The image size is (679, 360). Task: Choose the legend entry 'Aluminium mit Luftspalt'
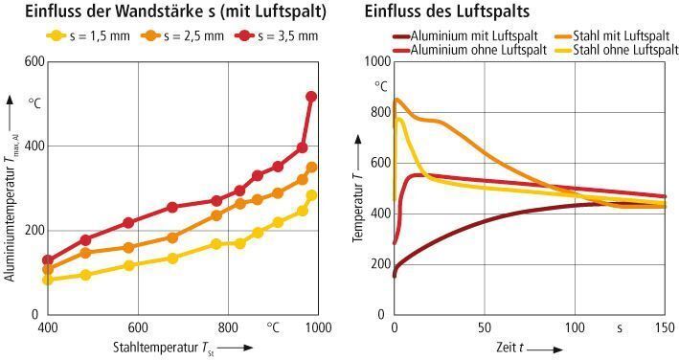coord(461,35)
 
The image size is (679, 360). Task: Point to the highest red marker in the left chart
coord(310,97)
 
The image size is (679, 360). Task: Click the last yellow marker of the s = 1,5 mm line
coord(311,195)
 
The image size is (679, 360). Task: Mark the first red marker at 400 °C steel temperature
coord(48,260)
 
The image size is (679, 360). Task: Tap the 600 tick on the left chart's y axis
coord(34,61)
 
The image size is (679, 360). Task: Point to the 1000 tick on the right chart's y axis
coord(377,61)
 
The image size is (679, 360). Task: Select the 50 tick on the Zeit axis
coord(484,327)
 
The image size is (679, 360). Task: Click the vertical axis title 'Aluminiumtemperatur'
coord(11,206)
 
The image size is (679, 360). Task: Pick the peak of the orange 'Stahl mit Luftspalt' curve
coord(397,100)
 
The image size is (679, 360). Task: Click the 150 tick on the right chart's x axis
coord(663,327)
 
